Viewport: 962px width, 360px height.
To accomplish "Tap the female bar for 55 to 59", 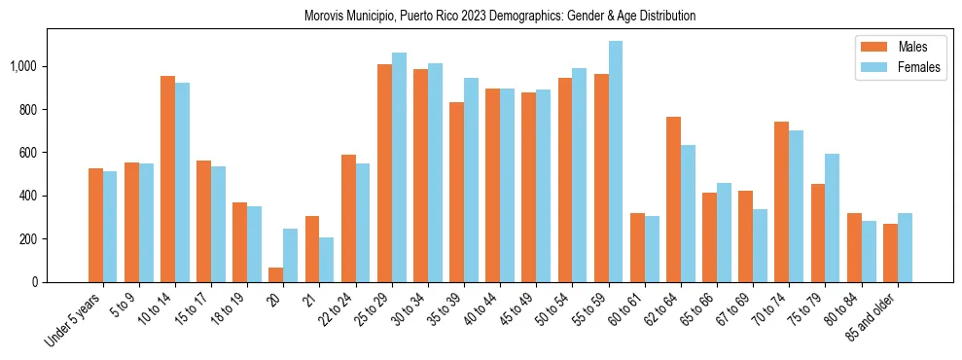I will click(x=616, y=162).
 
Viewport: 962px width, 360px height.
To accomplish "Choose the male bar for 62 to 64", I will click(x=674, y=199).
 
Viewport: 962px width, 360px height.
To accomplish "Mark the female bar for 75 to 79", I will click(x=833, y=218).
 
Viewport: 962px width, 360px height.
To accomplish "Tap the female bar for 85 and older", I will click(x=905, y=247).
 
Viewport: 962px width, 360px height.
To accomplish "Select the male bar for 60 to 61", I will click(x=638, y=247).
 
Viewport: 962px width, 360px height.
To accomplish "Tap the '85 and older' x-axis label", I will click(x=873, y=317).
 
